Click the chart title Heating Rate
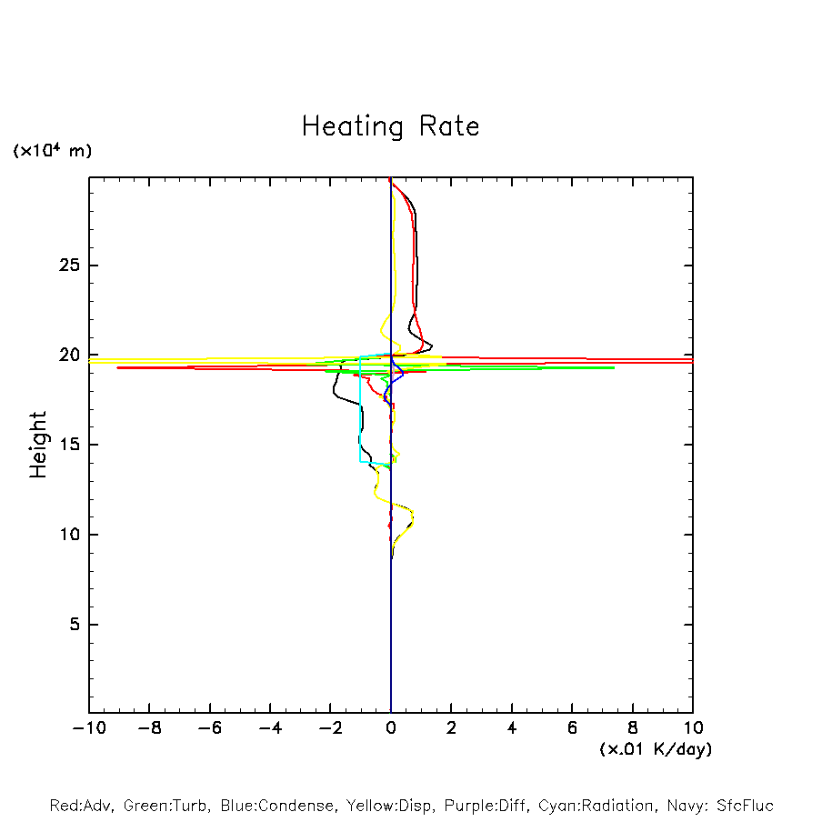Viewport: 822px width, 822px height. (390, 126)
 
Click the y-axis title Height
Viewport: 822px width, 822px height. (38, 445)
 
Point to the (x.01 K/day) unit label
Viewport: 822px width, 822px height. (655, 749)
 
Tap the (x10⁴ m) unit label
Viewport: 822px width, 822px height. (52, 151)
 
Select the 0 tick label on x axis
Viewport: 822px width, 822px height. (391, 727)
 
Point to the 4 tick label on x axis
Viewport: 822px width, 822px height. (512, 727)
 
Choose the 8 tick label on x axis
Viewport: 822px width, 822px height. (633, 727)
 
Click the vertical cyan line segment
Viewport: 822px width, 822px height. (360, 409)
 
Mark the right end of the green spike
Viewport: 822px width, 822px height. (614, 367)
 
